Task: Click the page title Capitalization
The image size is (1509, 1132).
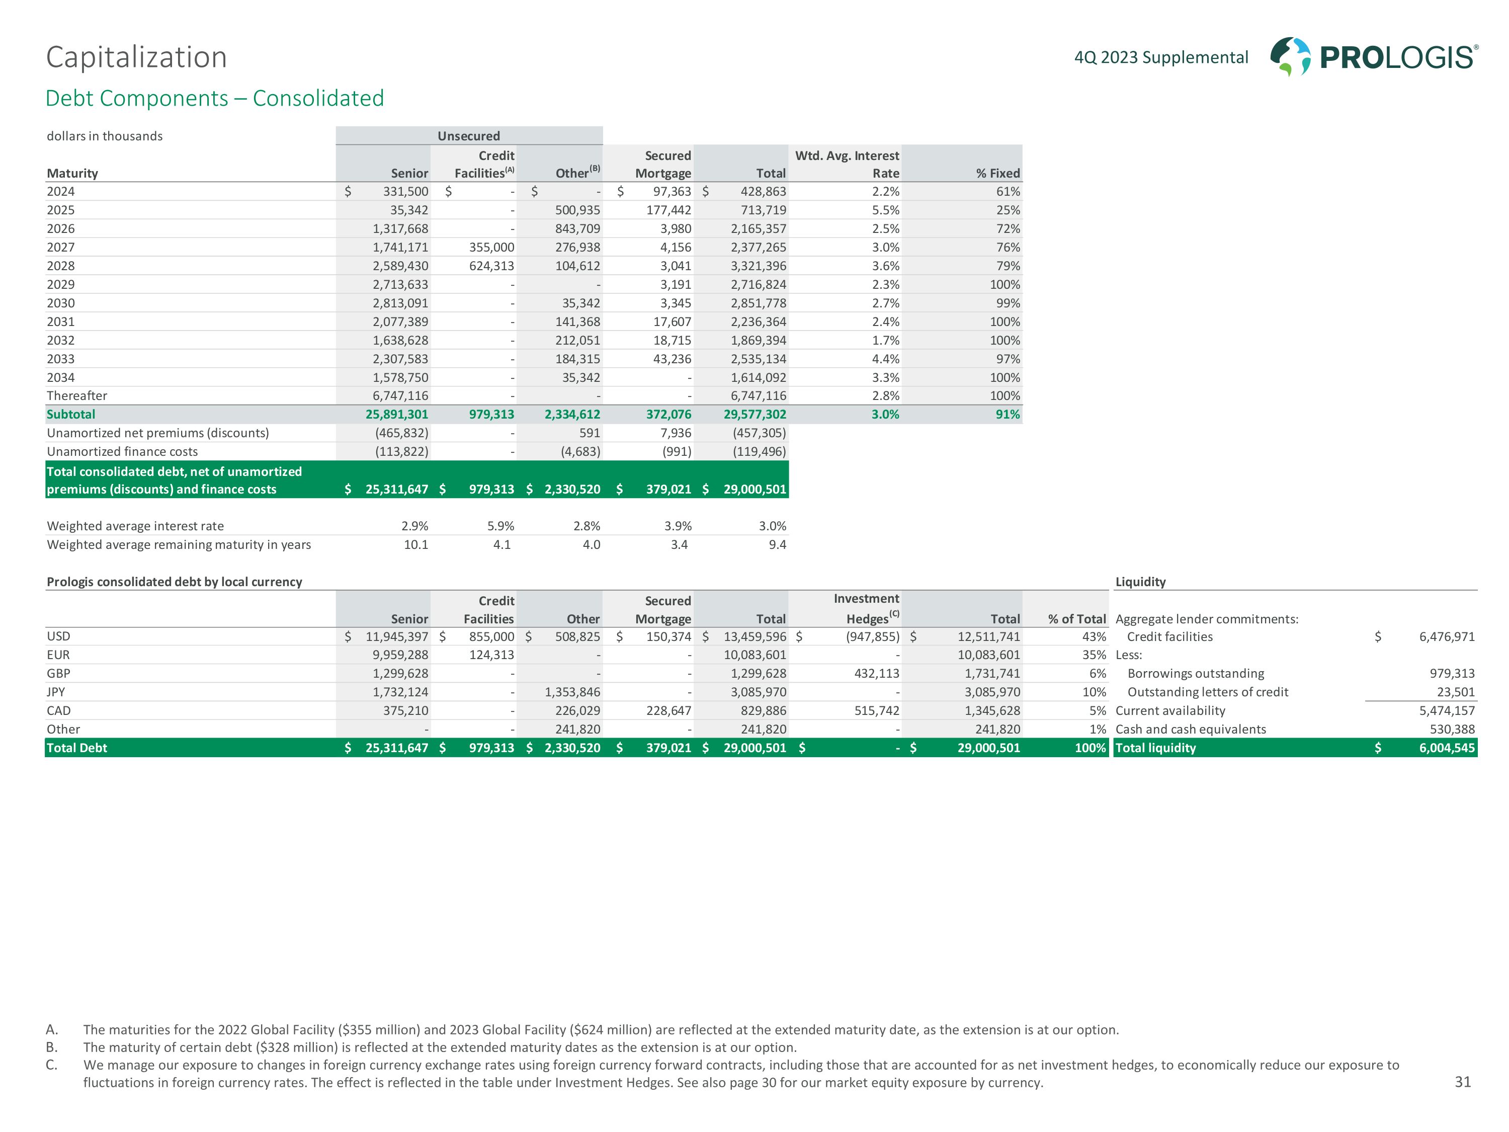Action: point(136,57)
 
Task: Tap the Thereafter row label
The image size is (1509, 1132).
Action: point(76,396)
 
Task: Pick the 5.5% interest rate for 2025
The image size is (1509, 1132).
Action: point(885,210)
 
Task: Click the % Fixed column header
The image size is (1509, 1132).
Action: point(997,173)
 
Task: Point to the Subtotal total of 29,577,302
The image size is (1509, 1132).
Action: point(754,414)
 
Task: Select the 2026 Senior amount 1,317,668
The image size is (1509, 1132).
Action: point(400,228)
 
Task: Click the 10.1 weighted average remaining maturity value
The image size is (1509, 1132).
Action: point(415,544)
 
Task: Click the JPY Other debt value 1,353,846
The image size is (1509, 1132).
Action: point(572,692)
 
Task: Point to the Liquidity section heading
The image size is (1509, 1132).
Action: point(1140,582)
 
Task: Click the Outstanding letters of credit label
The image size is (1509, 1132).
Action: point(1208,692)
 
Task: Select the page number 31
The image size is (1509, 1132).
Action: point(1463,1082)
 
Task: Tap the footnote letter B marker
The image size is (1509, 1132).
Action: point(51,1047)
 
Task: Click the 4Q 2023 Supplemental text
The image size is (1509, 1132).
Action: point(1161,57)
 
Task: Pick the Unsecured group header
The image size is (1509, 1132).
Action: point(469,136)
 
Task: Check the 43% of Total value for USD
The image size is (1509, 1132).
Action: point(1094,636)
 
